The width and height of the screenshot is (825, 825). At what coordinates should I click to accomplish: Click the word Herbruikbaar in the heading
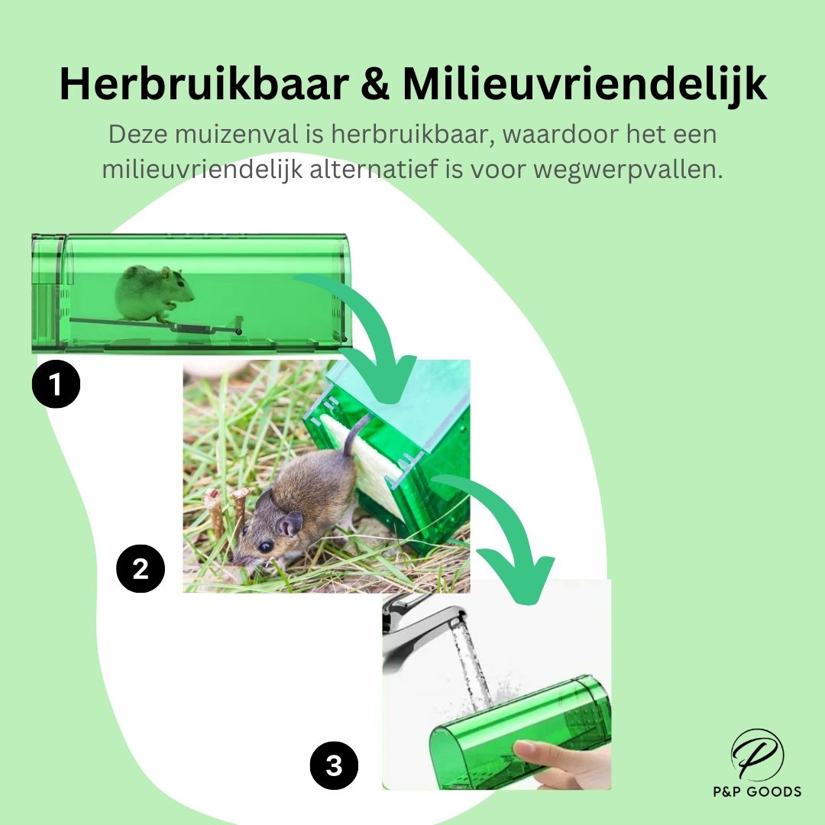point(204,83)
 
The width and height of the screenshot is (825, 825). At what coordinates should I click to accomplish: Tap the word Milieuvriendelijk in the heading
point(584,84)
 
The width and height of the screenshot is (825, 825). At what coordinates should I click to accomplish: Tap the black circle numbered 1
point(56,383)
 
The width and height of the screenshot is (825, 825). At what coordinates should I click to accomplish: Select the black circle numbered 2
point(141,569)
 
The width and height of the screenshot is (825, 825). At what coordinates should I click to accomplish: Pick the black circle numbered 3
point(334,765)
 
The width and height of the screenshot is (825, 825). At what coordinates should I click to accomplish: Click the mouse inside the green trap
point(153,293)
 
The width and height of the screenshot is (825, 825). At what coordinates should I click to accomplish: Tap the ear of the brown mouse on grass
point(290,523)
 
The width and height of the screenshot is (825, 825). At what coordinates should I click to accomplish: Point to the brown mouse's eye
point(266,546)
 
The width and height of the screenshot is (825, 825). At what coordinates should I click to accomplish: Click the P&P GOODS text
point(757,791)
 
